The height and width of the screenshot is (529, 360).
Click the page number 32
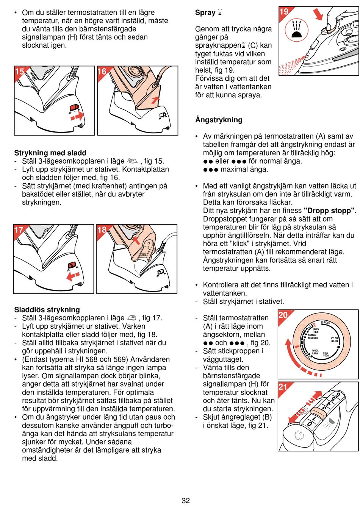click(186, 501)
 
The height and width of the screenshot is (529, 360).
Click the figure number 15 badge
click(19, 72)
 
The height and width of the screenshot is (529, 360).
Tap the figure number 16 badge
click(102, 72)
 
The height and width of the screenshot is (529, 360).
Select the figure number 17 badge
click(19, 230)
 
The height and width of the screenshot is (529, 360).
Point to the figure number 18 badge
click(102, 230)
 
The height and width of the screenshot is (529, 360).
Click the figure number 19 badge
click(284, 12)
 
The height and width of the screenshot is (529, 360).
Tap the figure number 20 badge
click(283, 315)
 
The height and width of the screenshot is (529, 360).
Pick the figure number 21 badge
click(283, 387)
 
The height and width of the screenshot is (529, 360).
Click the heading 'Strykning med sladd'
click(50, 153)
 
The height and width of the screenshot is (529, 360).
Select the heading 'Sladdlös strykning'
click(47, 310)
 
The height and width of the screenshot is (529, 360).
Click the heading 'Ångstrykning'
click(219, 120)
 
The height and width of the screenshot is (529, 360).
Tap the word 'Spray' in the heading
click(205, 12)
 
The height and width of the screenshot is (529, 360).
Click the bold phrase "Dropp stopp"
click(329, 211)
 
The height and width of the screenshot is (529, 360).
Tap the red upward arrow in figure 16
click(155, 100)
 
